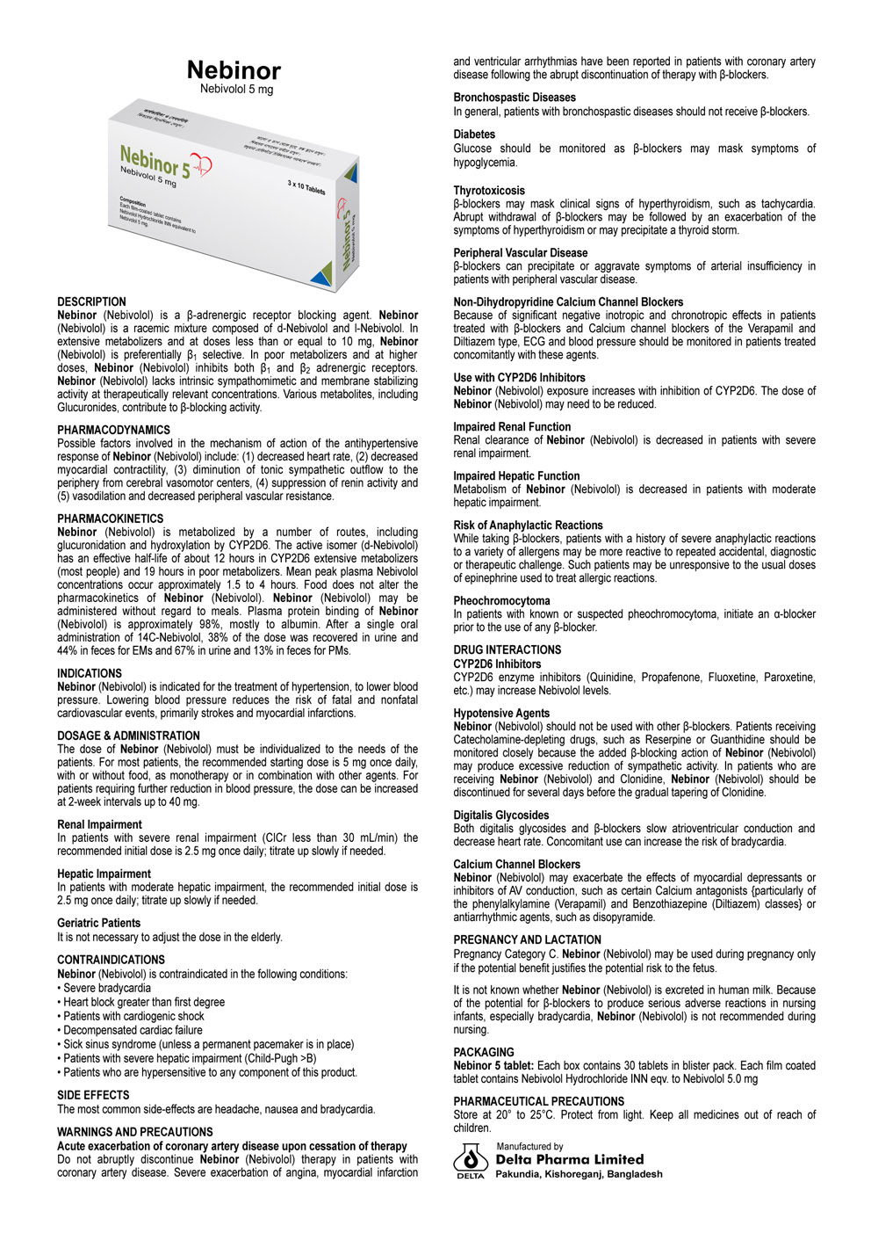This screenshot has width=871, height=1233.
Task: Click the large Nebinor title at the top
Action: pyautogui.click(x=234, y=70)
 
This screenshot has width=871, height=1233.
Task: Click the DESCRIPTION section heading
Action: pyautogui.click(x=91, y=301)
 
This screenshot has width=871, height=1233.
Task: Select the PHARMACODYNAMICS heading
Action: pyautogui.click(x=113, y=430)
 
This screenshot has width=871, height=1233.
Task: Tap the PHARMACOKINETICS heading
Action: pyautogui.click(x=110, y=519)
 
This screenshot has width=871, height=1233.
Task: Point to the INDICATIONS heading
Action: pyautogui.click(x=90, y=673)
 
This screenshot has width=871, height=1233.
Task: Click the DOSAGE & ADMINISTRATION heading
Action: pyautogui.click(x=128, y=736)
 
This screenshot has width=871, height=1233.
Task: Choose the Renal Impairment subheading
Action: pyautogui.click(x=99, y=824)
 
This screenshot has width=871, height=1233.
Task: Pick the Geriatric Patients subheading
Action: pyautogui.click(x=98, y=923)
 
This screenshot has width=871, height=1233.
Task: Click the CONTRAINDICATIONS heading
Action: pyautogui.click(x=111, y=960)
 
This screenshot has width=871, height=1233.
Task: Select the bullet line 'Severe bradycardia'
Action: pyautogui.click(x=106, y=988)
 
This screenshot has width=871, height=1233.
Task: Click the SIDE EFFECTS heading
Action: pyautogui.click(x=93, y=1095)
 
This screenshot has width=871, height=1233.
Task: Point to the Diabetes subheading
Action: pyautogui.click(x=474, y=134)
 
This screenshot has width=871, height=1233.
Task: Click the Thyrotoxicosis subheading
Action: pyautogui.click(x=489, y=190)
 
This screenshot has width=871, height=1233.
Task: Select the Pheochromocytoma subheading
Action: pyautogui.click(x=501, y=601)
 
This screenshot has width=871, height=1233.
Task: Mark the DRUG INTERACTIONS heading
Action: pyautogui.click(x=507, y=650)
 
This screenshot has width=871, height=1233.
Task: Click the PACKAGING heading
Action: pyautogui.click(x=484, y=1052)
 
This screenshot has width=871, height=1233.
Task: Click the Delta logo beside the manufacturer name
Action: pyautogui.click(x=471, y=1160)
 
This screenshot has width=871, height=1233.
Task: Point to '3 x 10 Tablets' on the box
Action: pyautogui.click(x=306, y=187)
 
